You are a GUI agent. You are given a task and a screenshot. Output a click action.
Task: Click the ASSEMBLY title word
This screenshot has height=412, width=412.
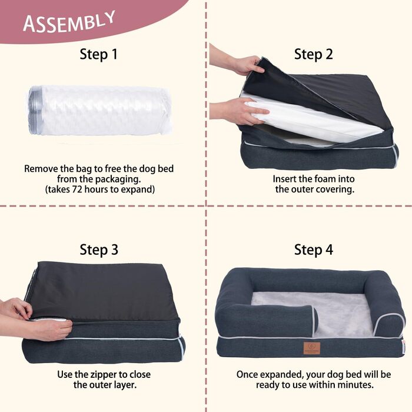[69, 22]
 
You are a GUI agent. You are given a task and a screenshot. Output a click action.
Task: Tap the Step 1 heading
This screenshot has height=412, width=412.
[98, 54]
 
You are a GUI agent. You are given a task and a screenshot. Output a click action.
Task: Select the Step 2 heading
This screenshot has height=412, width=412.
[314, 54]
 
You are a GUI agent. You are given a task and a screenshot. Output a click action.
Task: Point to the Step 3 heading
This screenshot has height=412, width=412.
[99, 250]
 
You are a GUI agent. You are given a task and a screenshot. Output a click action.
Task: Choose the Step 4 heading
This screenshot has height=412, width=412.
[314, 250]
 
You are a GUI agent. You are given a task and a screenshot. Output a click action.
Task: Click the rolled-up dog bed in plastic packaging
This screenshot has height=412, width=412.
[100, 111]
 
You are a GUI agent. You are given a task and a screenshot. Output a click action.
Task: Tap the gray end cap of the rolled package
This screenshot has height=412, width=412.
[35, 111]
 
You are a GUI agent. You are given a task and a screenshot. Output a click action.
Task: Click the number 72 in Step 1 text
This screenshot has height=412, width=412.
[77, 189]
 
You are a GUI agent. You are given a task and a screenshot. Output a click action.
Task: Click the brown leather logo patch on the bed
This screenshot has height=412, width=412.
[312, 348]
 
